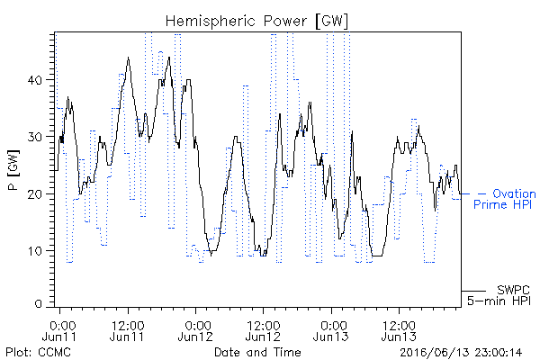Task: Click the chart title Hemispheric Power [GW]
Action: (x=256, y=22)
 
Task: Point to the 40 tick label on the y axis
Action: (x=34, y=80)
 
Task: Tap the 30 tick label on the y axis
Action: (x=34, y=137)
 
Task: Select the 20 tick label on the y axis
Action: (x=34, y=194)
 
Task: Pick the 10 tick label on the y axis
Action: (x=35, y=251)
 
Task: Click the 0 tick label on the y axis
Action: (x=39, y=304)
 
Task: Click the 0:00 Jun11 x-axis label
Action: (x=59, y=331)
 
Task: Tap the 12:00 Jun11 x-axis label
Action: (x=128, y=331)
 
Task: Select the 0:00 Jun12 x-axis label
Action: (x=195, y=331)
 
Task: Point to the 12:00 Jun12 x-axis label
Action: (x=263, y=331)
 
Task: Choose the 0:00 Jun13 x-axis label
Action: (x=331, y=331)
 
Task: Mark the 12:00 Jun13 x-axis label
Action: (x=399, y=331)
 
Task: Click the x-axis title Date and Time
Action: (x=257, y=353)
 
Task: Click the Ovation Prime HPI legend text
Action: (x=505, y=199)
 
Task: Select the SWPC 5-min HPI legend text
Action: (x=499, y=295)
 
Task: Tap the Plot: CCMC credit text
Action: (x=38, y=353)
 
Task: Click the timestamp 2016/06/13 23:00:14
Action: (x=461, y=353)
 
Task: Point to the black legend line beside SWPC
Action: (x=473, y=291)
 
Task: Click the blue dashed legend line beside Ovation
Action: (x=474, y=194)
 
